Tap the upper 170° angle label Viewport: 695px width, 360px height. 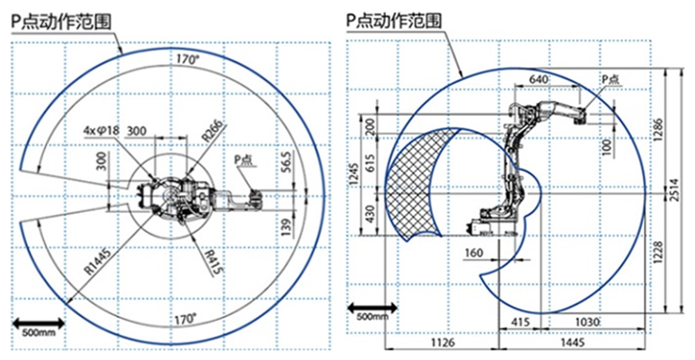click(x=187, y=59)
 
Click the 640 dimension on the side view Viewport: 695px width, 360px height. click(x=539, y=79)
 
